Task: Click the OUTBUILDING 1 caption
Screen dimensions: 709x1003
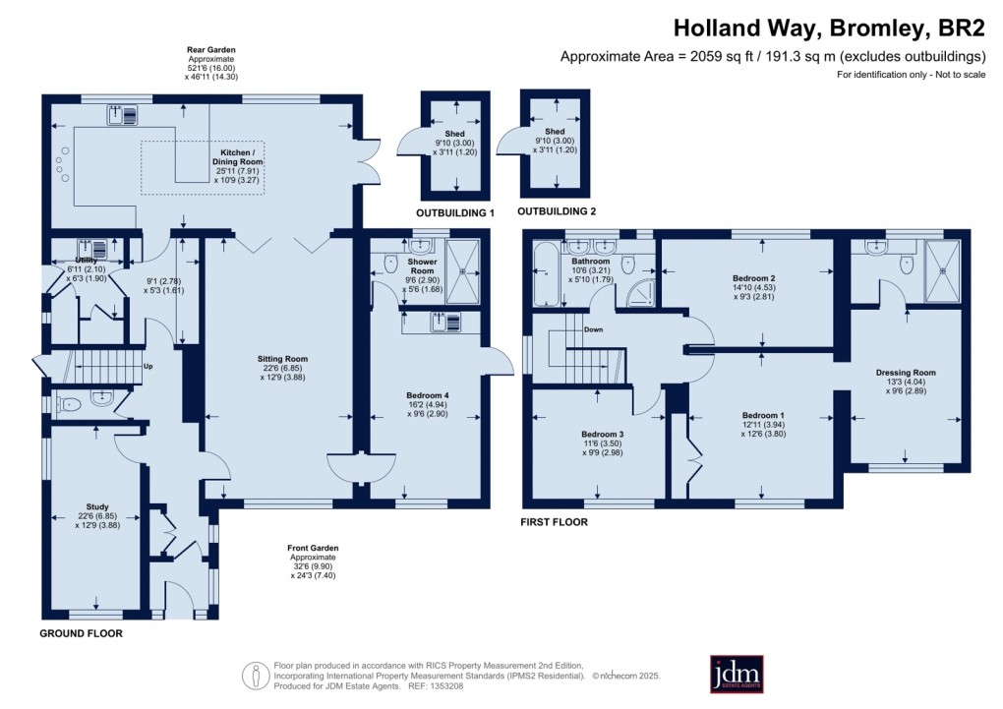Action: (x=453, y=212)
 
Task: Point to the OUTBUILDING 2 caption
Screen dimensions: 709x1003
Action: (x=557, y=212)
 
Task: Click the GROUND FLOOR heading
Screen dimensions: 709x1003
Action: (x=81, y=634)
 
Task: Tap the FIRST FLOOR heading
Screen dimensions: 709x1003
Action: (x=554, y=522)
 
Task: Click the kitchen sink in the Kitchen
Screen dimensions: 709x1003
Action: (x=127, y=117)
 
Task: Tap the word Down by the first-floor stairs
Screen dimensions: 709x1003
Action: (x=593, y=330)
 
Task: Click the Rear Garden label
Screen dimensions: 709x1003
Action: (x=212, y=49)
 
